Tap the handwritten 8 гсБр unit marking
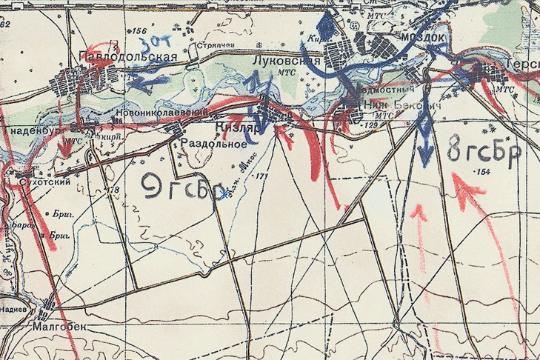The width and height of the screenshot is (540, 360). click(484, 151)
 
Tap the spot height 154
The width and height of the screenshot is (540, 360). click(484, 173)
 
